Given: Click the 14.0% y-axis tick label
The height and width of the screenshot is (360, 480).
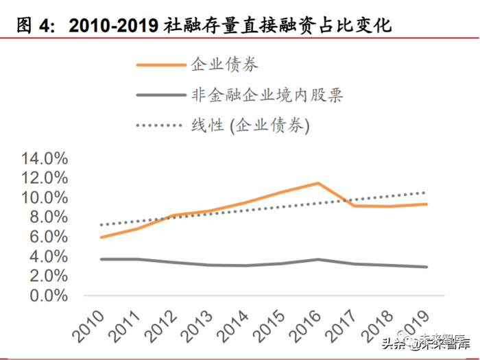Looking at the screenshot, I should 45,158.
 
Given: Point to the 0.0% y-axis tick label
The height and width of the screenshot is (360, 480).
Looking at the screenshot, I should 47,297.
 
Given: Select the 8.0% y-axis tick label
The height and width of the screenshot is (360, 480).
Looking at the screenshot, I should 47,218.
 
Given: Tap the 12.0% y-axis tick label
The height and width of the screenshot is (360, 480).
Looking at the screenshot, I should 45,178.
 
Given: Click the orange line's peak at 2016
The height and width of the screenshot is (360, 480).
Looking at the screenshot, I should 317,183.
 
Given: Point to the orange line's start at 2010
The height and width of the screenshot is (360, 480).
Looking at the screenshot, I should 101,237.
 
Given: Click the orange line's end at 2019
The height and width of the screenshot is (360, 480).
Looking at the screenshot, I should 427,204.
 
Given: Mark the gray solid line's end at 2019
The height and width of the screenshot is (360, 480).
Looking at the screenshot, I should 427,267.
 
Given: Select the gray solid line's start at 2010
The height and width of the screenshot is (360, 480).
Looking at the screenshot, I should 101,259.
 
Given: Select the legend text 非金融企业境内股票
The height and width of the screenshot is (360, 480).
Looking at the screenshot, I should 267,95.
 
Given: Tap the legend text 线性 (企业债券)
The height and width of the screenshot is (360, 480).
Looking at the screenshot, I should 251,125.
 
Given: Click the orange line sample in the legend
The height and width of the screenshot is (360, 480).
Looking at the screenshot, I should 161,65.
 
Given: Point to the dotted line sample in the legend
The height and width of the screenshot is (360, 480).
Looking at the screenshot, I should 161,125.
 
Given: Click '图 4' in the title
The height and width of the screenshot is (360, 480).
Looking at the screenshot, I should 32,26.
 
